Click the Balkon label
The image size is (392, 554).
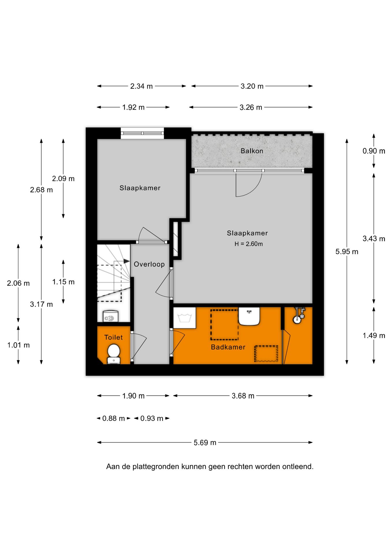[x=252, y=151]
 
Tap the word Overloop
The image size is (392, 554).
[x=149, y=264]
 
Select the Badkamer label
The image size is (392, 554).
[x=228, y=347]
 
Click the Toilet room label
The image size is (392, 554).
[x=113, y=337]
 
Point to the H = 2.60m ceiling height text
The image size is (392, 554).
[x=249, y=244]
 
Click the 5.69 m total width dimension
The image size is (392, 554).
[x=205, y=443]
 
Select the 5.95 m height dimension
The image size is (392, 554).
[x=347, y=252]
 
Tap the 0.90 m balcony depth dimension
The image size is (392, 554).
[x=374, y=151]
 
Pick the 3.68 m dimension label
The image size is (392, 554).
[x=243, y=396]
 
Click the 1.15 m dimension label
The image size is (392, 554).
[x=63, y=282]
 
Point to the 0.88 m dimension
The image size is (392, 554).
[x=113, y=418]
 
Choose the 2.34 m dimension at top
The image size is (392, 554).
[x=141, y=86]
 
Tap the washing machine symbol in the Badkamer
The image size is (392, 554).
[x=184, y=318]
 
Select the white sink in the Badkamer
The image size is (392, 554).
[x=249, y=316]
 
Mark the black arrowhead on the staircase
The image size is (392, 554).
[x=127, y=261]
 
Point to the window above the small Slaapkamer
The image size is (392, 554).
[x=142, y=133]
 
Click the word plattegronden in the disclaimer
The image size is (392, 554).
[x=156, y=467]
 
